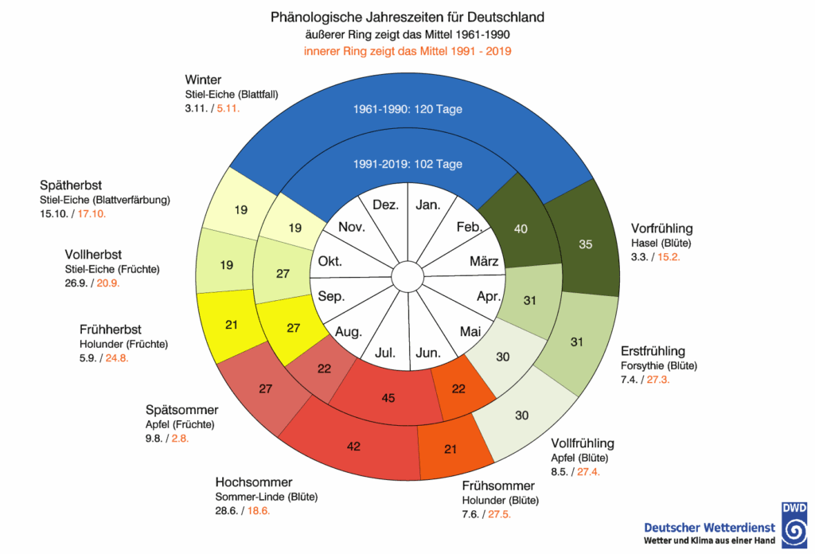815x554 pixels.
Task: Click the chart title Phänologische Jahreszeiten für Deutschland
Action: pos(407,17)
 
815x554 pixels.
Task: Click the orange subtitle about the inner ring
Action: pos(407,52)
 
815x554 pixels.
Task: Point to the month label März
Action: pos(484,262)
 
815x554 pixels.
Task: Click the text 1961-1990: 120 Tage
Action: pos(407,109)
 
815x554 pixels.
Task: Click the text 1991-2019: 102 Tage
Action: pos(407,164)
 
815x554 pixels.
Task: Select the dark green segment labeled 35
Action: pos(585,244)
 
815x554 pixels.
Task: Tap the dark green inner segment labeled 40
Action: pos(521,228)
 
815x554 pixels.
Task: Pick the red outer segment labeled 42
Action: pos(353,447)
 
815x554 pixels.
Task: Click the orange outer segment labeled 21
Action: pos(450,450)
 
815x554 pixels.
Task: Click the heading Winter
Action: pos(203,80)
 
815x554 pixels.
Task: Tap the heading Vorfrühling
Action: pos(661,228)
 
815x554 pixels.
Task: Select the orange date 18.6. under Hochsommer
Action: pos(258,511)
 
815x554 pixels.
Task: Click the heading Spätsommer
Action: pos(181,410)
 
